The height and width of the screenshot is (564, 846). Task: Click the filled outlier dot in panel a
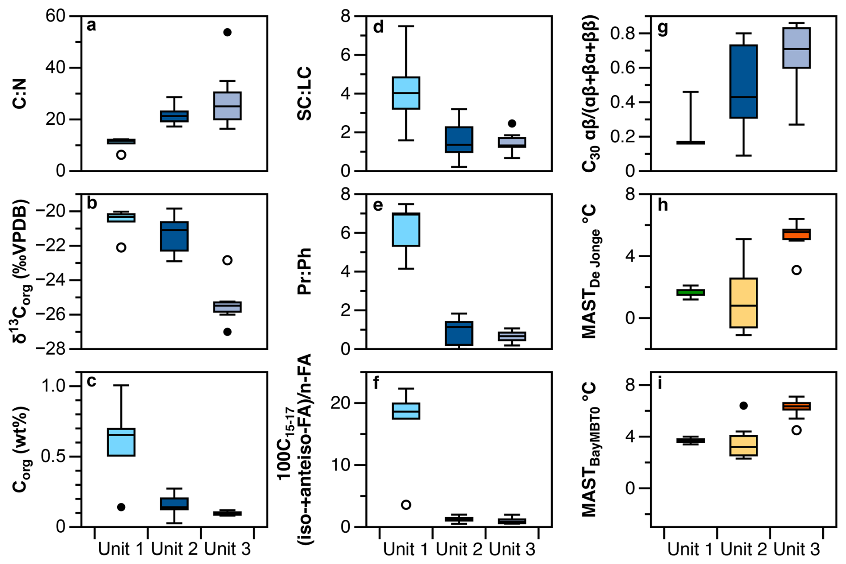pyautogui.click(x=227, y=32)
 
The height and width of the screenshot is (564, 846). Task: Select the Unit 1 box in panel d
pyautogui.click(x=406, y=93)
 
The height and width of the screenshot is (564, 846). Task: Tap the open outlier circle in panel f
pyautogui.click(x=406, y=505)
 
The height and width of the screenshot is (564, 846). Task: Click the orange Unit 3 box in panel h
pyautogui.click(x=796, y=234)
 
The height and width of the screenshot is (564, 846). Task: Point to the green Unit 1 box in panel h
pyautogui.click(x=690, y=292)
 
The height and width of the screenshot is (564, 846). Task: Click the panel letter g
pyautogui.click(x=662, y=28)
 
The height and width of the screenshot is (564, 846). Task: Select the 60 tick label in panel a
pyautogui.click(x=55, y=16)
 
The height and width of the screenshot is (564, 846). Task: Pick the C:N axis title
pyautogui.click(x=20, y=93)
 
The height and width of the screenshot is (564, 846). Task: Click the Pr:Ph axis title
pyautogui.click(x=305, y=271)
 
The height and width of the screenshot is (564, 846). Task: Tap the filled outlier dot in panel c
pyautogui.click(x=121, y=507)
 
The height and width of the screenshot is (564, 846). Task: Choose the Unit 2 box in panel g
pyautogui.click(x=744, y=81)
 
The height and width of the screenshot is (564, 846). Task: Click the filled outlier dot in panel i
pyautogui.click(x=744, y=406)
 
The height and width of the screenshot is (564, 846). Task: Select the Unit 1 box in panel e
pyautogui.click(x=406, y=229)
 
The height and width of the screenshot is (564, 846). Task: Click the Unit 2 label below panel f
pyautogui.click(x=459, y=549)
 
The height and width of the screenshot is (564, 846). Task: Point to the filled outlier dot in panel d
pyautogui.click(x=512, y=123)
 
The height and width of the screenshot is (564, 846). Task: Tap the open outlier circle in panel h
pyautogui.click(x=796, y=270)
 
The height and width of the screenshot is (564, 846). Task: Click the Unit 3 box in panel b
pyautogui.click(x=227, y=307)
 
